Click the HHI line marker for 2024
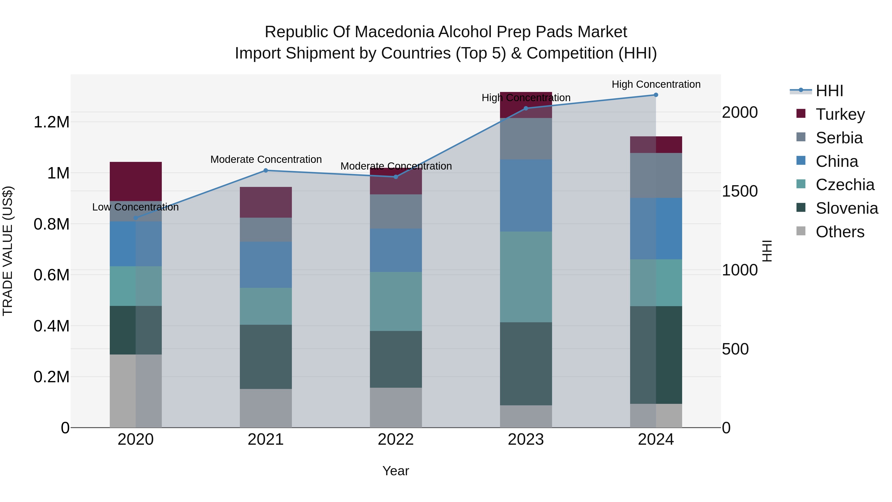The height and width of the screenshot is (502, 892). click(x=656, y=95)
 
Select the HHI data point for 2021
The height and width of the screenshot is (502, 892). click(x=266, y=171)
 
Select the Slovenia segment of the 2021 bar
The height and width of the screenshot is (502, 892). click(x=266, y=356)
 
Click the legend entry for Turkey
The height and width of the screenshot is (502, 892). click(x=840, y=114)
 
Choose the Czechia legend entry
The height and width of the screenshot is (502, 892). click(x=845, y=185)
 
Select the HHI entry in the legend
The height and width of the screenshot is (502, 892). click(x=829, y=91)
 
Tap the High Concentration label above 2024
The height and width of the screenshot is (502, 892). click(x=656, y=85)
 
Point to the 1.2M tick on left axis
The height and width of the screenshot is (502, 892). click(x=51, y=122)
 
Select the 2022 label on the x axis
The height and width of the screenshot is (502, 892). click(x=396, y=440)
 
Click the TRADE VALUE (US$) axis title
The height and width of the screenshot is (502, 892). click(x=8, y=251)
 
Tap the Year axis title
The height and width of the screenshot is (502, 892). click(x=396, y=471)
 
